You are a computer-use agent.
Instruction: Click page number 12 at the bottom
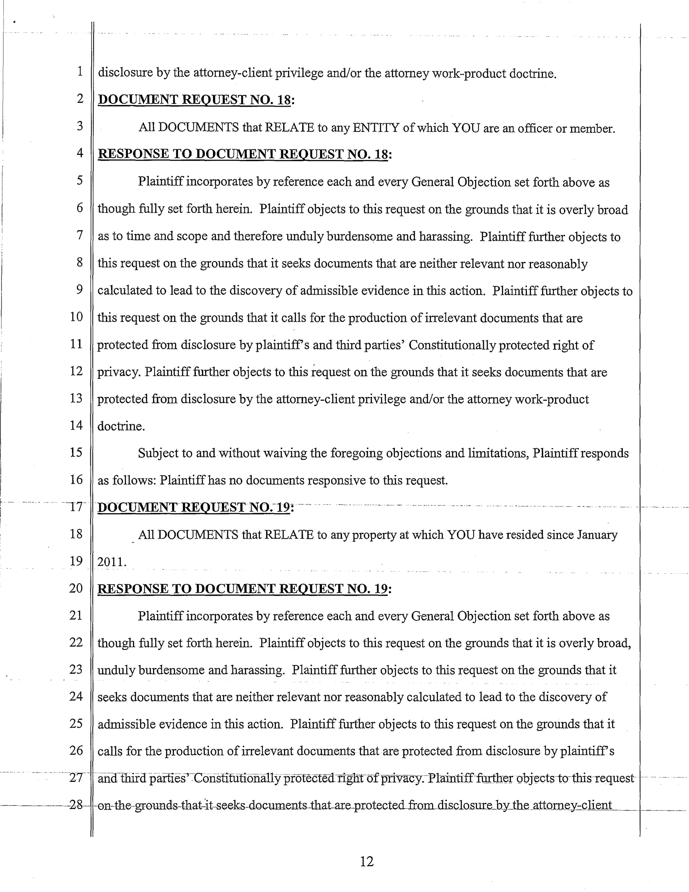point(367,861)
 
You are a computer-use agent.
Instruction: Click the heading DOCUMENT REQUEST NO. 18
point(195,100)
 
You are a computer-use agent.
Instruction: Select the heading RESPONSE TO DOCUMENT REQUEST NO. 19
point(243,589)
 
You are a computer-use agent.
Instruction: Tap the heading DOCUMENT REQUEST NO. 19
point(194,507)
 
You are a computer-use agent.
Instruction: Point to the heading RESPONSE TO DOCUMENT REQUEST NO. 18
point(243,154)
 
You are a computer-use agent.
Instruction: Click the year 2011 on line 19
point(110,562)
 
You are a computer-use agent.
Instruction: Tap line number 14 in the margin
point(76,425)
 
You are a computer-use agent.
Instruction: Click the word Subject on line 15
point(157,453)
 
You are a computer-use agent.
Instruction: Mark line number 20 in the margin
point(76,588)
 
